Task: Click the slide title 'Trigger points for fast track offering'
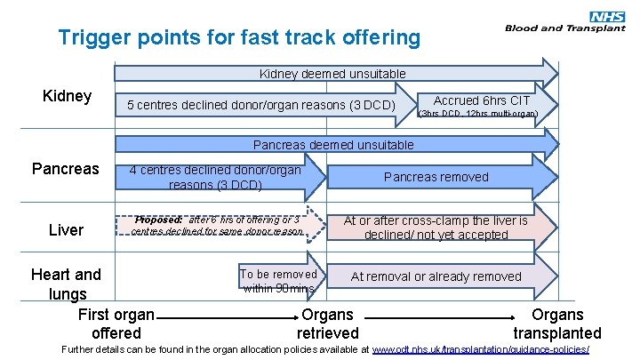pos(238,38)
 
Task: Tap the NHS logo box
pos(608,15)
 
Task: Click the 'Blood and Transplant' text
pos(565,28)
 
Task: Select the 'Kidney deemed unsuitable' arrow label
pos(332,74)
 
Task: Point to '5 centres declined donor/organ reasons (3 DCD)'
pos(260,107)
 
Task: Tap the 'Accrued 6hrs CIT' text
pos(481,100)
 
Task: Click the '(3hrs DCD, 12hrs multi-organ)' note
pos(477,115)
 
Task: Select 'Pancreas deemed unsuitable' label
pos(333,144)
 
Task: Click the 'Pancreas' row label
pos(65,168)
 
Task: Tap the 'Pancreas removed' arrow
pos(436,177)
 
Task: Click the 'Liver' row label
pos(66,230)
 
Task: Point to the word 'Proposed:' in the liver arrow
pos(159,220)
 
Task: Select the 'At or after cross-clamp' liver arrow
pos(436,228)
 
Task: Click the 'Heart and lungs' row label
pos(66,284)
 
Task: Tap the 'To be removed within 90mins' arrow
pos(278,281)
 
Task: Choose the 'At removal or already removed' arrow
pos(436,276)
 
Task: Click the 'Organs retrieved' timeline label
pos(327,324)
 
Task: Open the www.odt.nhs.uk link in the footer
pos(481,350)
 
